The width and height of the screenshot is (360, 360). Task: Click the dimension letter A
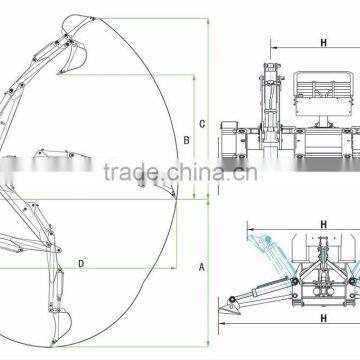[x=201, y=267]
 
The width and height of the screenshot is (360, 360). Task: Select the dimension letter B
[x=186, y=140]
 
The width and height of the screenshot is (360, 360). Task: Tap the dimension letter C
[x=201, y=124]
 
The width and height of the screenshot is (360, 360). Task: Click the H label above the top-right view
[x=324, y=43]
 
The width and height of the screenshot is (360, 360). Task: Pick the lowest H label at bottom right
[x=324, y=319]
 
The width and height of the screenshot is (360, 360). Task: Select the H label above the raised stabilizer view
[x=324, y=225]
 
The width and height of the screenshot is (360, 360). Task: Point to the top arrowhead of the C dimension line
[x=208, y=20]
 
